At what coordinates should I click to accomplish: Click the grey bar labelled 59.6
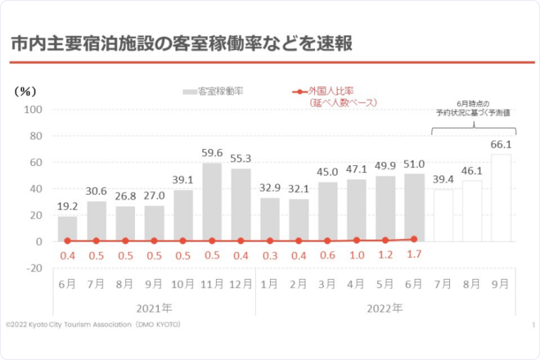tap(212, 202)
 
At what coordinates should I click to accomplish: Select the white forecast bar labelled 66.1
tap(501, 198)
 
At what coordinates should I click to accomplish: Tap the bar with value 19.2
tap(67, 229)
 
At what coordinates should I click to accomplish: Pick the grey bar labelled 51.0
tap(414, 207)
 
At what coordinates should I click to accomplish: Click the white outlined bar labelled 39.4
tap(443, 215)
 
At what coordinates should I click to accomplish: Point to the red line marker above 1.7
tap(414, 239)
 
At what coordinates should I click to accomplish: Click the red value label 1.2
tap(385, 255)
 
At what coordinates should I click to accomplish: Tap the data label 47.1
tap(356, 169)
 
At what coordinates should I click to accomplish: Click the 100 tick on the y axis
tap(33, 110)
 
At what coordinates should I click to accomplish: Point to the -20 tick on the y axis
tap(33, 268)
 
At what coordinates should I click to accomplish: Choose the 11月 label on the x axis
tap(212, 284)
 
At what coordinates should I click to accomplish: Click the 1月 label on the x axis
tap(269, 284)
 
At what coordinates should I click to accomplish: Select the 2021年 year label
tap(154, 307)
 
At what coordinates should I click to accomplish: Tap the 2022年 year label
tap(385, 307)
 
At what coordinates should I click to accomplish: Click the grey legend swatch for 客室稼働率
tap(189, 91)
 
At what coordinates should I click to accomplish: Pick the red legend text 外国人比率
tap(330, 91)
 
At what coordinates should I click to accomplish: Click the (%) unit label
tap(25, 91)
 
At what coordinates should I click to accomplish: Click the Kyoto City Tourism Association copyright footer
tap(94, 324)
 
